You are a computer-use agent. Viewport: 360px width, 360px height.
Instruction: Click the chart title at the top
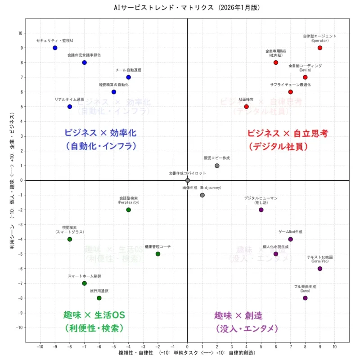pyautogui.click(x=180, y=8)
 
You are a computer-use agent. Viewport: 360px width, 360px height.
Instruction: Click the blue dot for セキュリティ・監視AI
pyautogui.click(x=55, y=48)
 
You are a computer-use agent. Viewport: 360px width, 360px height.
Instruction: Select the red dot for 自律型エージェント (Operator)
pyautogui.click(x=320, y=48)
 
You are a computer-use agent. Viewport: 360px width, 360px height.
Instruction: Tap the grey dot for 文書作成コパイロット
pyautogui.click(x=188, y=180)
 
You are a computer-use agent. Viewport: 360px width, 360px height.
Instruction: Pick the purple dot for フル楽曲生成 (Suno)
pyautogui.click(x=305, y=298)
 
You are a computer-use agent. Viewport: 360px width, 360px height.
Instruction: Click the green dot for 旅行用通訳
pyautogui.click(x=99, y=298)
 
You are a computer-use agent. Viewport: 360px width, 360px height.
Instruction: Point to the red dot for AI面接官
pyautogui.click(x=246, y=107)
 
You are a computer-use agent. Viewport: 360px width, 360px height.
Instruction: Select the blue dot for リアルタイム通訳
pyautogui.click(x=70, y=107)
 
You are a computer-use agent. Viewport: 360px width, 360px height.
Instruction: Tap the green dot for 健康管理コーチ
pyautogui.click(x=158, y=254)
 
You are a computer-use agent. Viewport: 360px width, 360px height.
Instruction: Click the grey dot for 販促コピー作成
pyautogui.click(x=217, y=166)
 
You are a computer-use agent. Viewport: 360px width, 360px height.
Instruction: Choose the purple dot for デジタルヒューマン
pyautogui.click(x=261, y=210)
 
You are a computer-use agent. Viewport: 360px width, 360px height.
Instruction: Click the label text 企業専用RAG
pyautogui.click(x=276, y=51)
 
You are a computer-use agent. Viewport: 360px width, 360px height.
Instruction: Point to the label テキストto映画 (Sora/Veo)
pyautogui.click(x=320, y=257)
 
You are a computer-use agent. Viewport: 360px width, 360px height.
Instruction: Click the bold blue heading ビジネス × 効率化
pyautogui.click(x=100, y=133)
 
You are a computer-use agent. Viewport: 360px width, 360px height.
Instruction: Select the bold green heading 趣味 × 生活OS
pyautogui.click(x=94, y=315)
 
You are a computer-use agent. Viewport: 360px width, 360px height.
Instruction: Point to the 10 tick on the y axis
pyautogui.click(x=20, y=33)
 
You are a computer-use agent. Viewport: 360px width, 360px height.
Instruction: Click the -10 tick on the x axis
pyautogui.click(x=40, y=346)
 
